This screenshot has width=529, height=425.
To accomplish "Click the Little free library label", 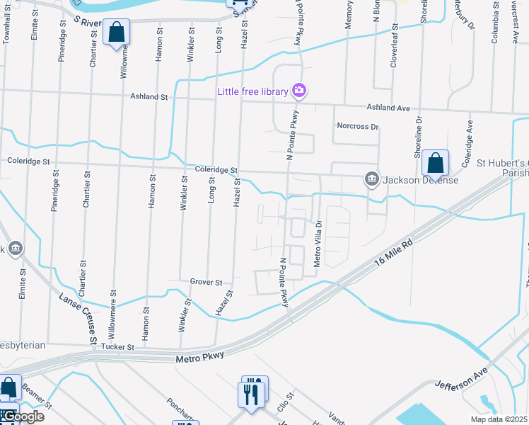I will [252, 91].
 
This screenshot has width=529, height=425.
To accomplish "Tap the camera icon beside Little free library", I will [299, 91].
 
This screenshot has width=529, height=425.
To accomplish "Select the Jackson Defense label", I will [421, 180].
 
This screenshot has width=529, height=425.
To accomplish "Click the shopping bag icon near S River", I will [116, 33].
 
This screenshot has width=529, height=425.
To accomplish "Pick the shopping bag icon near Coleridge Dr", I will [436, 163].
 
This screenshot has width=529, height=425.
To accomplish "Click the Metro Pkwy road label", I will [199, 360].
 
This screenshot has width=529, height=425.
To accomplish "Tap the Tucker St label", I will [119, 347].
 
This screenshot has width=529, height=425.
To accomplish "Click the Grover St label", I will [206, 282].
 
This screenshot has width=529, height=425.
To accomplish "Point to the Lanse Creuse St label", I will [79, 320].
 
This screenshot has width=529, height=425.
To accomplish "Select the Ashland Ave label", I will [388, 108].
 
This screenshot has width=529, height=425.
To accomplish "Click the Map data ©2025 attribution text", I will [499, 419].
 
